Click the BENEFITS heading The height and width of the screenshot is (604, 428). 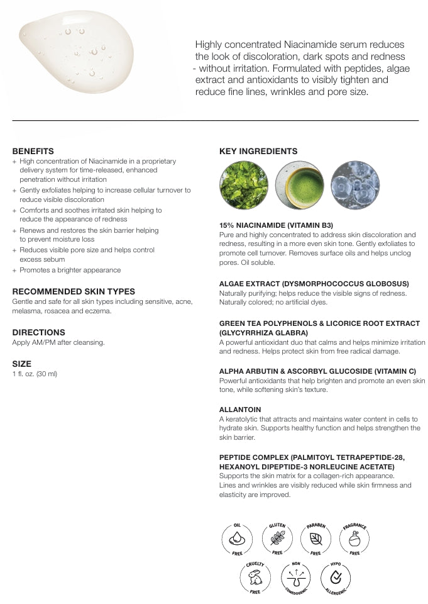pyautogui.click(x=33, y=151)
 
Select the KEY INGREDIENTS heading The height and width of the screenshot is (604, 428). pyautogui.click(x=258, y=151)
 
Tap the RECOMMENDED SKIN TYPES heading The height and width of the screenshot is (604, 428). pyautogui.click(x=74, y=291)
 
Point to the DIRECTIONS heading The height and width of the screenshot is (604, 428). pyautogui.click(x=38, y=332)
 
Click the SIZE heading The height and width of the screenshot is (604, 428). pyautogui.click(x=21, y=364)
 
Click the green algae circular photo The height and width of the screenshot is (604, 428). pyautogui.click(x=243, y=185)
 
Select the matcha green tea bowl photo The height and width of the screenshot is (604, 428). pyautogui.click(x=299, y=185)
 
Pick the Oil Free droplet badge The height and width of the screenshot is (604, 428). pyautogui.click(x=238, y=538)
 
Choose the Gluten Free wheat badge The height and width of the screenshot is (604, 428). pyautogui.click(x=277, y=538)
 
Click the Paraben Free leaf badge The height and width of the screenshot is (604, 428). pyautogui.click(x=316, y=538)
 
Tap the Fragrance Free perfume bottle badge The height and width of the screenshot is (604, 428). pyautogui.click(x=355, y=538)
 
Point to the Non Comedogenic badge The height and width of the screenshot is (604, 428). pyautogui.click(x=296, y=577)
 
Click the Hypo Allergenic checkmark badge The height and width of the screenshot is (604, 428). pyautogui.click(x=336, y=577)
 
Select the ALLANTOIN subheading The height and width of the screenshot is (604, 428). pyautogui.click(x=239, y=410)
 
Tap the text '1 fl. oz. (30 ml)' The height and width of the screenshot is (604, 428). pyautogui.click(x=35, y=374)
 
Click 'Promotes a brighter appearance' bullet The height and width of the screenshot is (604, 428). pyautogui.click(x=70, y=270)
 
